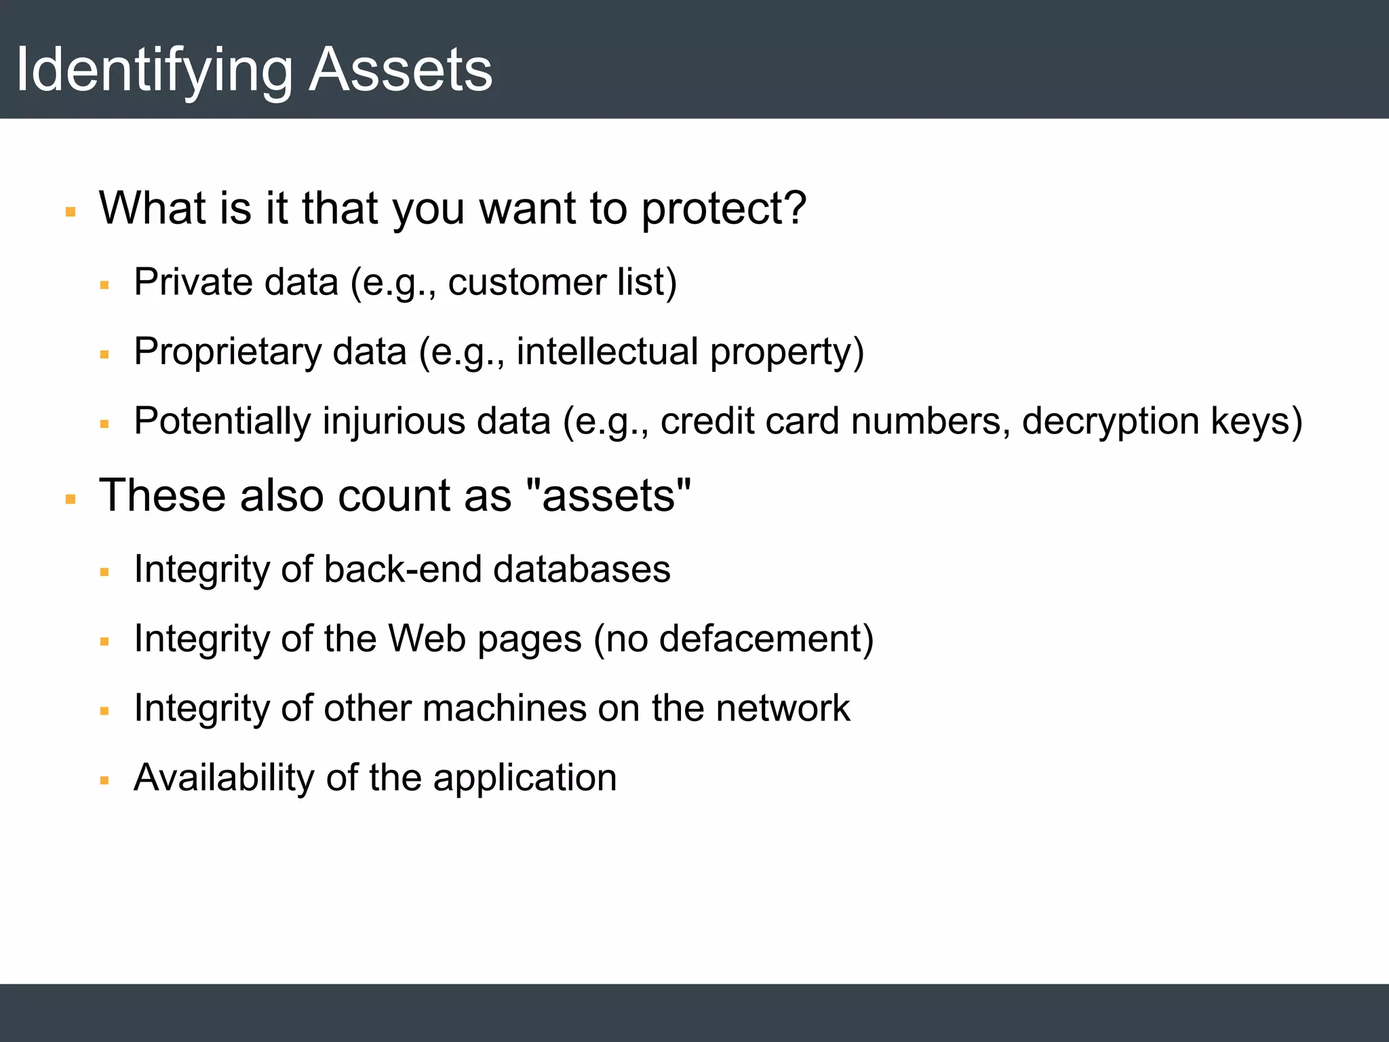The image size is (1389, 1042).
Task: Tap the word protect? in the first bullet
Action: (x=724, y=208)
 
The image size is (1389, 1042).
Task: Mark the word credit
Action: (x=707, y=421)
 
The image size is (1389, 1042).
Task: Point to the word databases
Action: (x=581, y=569)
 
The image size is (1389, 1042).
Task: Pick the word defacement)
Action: (x=766, y=639)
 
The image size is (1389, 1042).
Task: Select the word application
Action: (x=525, y=778)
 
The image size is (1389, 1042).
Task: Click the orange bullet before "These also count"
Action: (x=71, y=500)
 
